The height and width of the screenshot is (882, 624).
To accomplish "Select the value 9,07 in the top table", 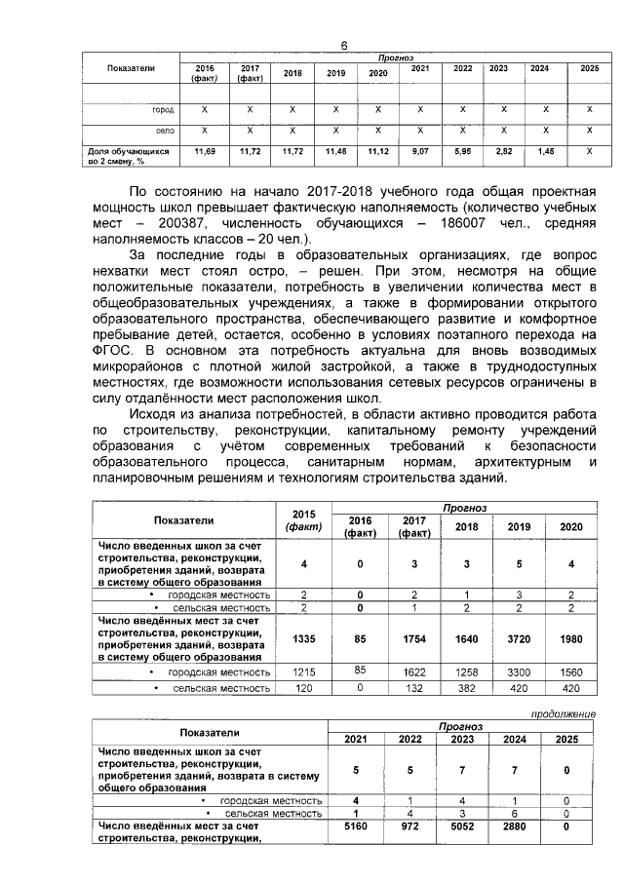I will (419, 152).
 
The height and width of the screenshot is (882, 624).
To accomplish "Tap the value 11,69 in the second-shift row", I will (205, 152).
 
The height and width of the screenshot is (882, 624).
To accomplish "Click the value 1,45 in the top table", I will (545, 152).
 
